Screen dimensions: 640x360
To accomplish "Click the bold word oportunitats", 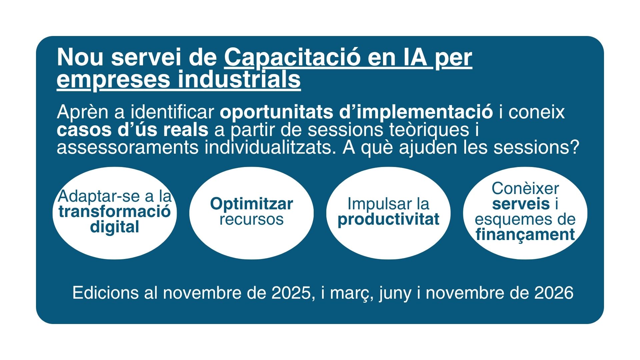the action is [276, 112].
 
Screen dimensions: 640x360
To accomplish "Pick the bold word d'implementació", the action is [416, 112].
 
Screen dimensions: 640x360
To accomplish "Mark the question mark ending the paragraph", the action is [574, 147].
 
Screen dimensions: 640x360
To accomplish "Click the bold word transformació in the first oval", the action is [115, 211].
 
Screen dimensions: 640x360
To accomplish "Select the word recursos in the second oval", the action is [252, 219].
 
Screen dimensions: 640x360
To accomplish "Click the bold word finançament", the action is [525, 235].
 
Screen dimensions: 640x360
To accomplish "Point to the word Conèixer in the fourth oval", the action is [525, 189].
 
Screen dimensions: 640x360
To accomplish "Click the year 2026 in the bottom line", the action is [554, 293].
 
